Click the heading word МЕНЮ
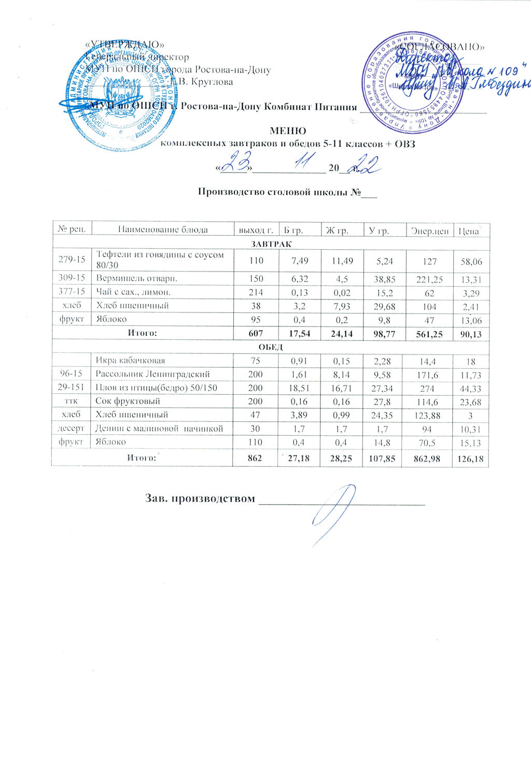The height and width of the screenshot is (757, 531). pos(288,131)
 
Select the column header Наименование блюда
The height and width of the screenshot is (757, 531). pos(162,230)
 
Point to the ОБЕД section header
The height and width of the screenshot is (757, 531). pos(270,347)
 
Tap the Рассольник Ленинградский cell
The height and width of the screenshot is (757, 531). pos(152,374)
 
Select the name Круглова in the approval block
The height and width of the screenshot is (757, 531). pos(212,81)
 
